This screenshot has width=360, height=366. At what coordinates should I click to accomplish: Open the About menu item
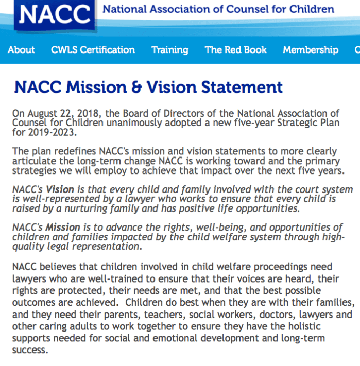point(21,50)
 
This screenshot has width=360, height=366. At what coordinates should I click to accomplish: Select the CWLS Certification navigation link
point(93,50)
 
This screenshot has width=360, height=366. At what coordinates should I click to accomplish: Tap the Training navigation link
point(170,50)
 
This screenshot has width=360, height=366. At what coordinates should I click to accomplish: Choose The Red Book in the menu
point(236,50)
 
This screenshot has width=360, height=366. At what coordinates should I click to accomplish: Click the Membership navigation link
point(311,50)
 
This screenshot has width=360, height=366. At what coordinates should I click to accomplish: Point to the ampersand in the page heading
point(136,87)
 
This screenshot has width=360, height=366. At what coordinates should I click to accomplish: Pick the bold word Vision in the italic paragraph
point(59,189)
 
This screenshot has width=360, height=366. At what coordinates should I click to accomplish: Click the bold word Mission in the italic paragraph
point(63,227)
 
